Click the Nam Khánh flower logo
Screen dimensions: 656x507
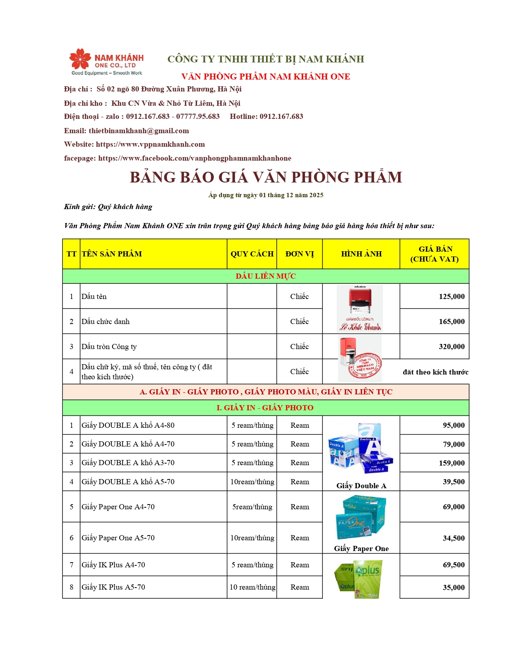(80, 59)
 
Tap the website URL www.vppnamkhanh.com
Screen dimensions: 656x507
(150, 144)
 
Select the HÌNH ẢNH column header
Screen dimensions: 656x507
(361, 254)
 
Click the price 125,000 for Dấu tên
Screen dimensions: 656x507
(451, 297)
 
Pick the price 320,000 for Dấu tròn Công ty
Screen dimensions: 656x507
(451, 347)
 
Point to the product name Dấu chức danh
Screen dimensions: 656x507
(106, 322)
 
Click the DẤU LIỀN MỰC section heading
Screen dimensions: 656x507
(266, 276)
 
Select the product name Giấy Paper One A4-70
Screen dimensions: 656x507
(118, 507)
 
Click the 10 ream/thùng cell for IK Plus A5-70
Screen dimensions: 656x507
(252, 587)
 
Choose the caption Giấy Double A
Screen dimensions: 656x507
(361, 486)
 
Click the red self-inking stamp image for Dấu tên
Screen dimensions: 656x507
(359, 300)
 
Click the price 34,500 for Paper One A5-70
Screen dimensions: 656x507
(453, 538)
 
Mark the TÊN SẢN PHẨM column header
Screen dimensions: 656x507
(112, 254)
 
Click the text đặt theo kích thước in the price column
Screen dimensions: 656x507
(435, 372)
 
